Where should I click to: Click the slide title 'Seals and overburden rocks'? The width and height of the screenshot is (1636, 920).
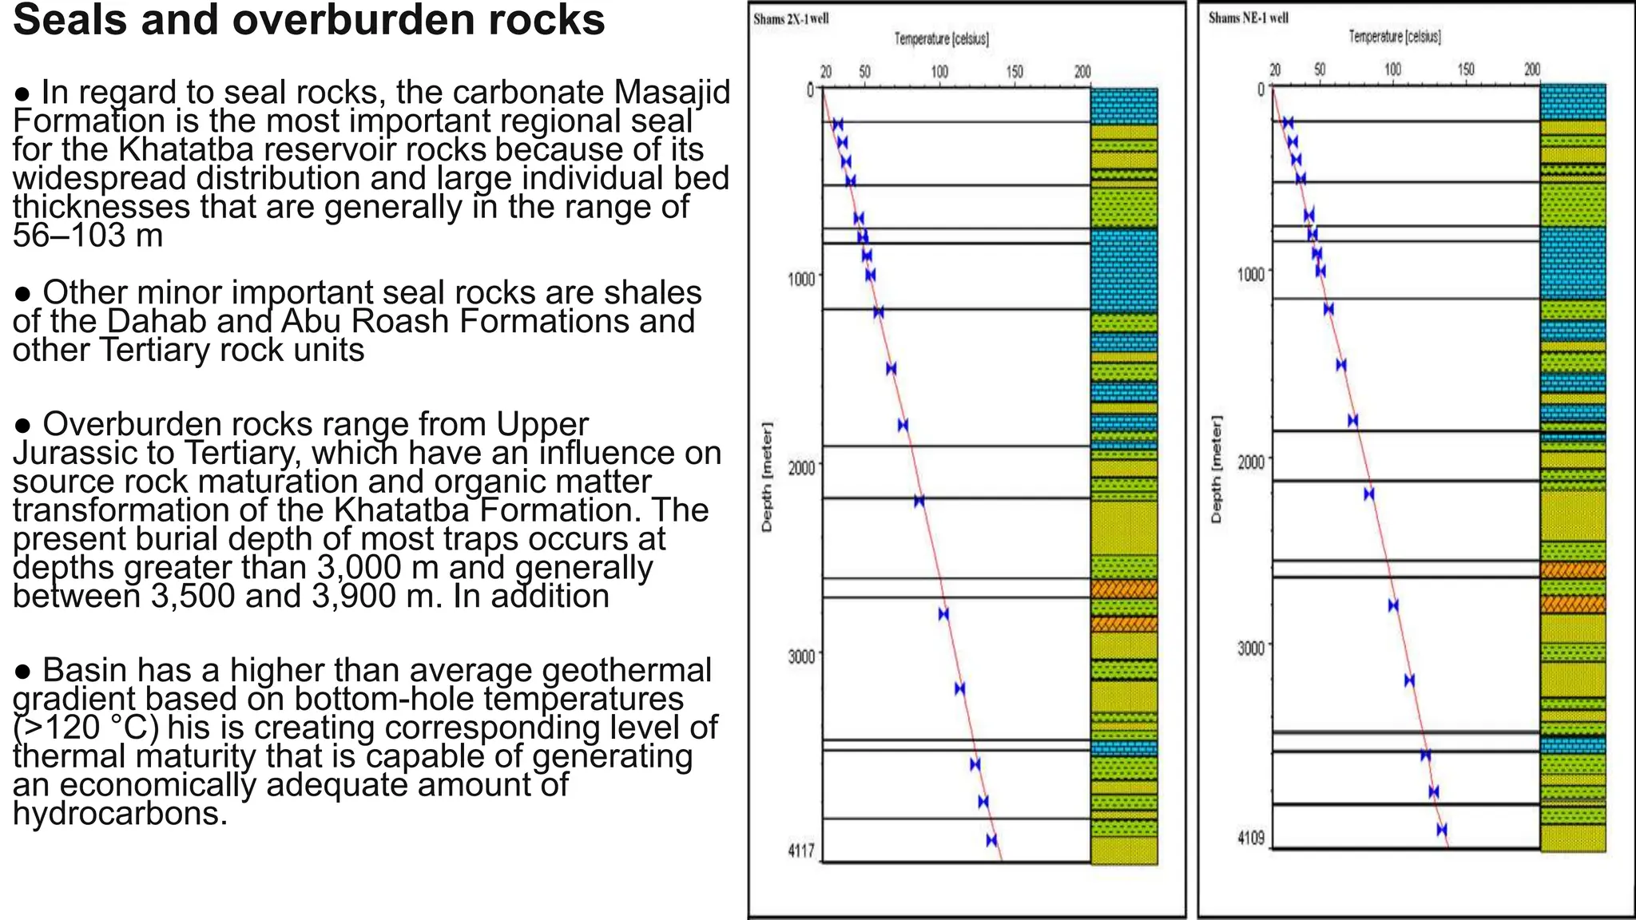[x=308, y=21]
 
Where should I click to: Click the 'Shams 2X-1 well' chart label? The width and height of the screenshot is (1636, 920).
[x=791, y=19]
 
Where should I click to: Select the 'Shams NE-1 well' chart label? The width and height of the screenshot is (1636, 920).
[x=1248, y=18]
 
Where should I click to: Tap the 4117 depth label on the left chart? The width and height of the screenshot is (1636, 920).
[x=801, y=851]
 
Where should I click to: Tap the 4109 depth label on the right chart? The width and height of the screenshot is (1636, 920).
[x=1251, y=839]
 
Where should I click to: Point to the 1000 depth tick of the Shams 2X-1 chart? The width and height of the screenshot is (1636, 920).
[x=800, y=279]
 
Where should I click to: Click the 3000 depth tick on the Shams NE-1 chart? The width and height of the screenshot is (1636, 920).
[x=1251, y=648]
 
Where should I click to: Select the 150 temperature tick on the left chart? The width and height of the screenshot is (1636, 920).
[x=1014, y=73]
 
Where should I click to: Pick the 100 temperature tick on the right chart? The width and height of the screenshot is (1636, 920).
[x=1392, y=70]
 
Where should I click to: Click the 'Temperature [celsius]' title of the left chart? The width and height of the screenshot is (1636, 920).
[x=941, y=39]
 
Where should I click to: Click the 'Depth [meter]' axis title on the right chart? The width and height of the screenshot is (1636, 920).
[x=1217, y=470]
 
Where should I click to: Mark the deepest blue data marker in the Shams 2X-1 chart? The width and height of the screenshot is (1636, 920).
[x=991, y=840]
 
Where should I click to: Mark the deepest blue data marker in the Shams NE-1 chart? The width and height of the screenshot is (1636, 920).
[x=1442, y=830]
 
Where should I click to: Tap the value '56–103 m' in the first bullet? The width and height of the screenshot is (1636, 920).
[x=88, y=236]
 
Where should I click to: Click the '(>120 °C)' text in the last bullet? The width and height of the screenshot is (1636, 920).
[x=85, y=728]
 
